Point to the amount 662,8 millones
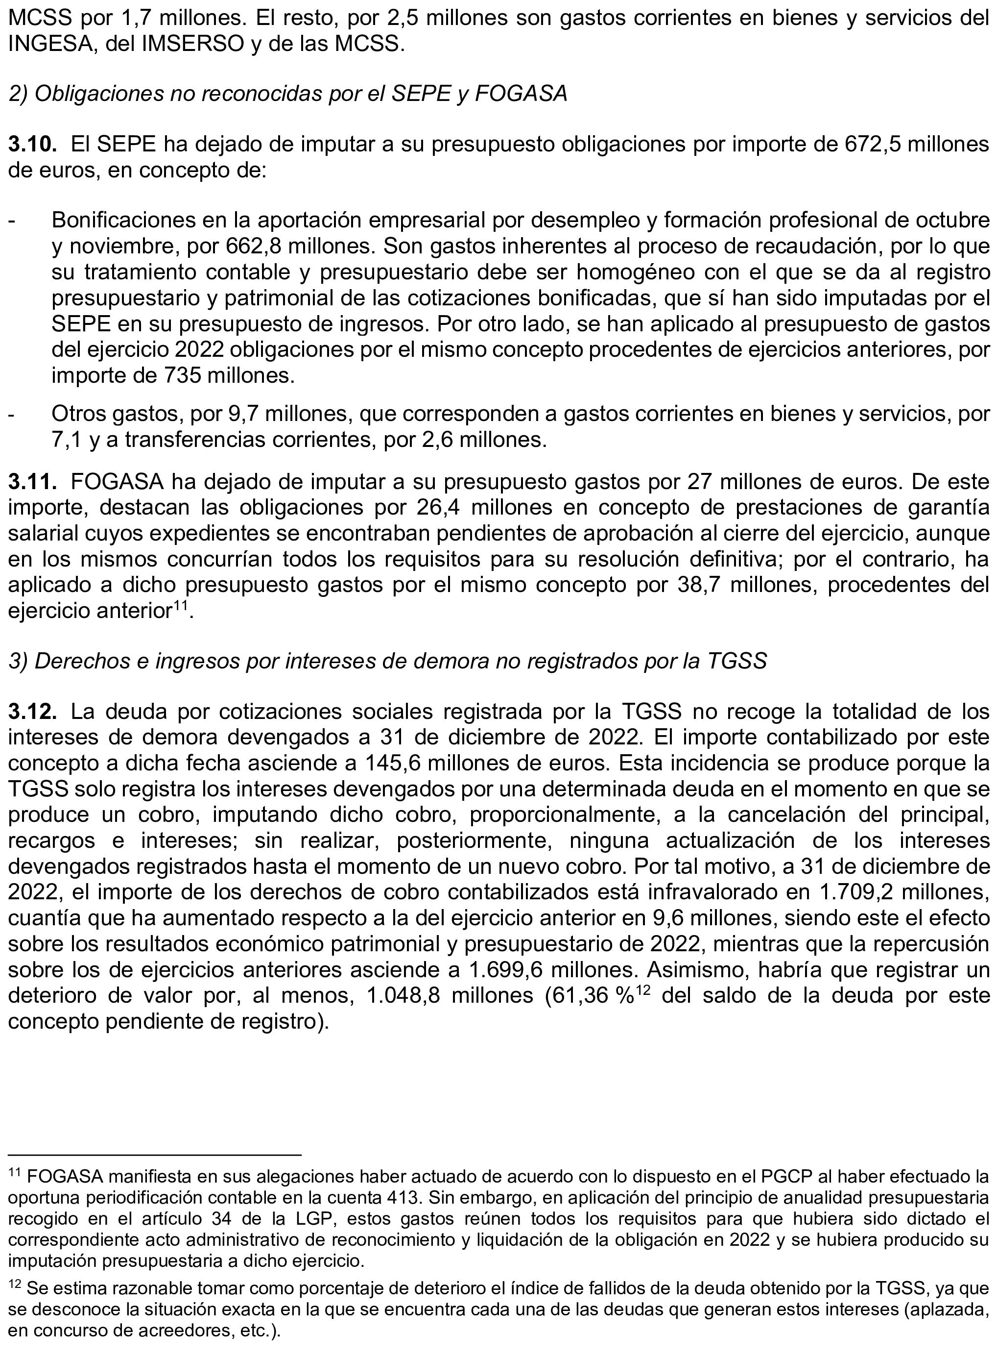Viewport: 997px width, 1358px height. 249,247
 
